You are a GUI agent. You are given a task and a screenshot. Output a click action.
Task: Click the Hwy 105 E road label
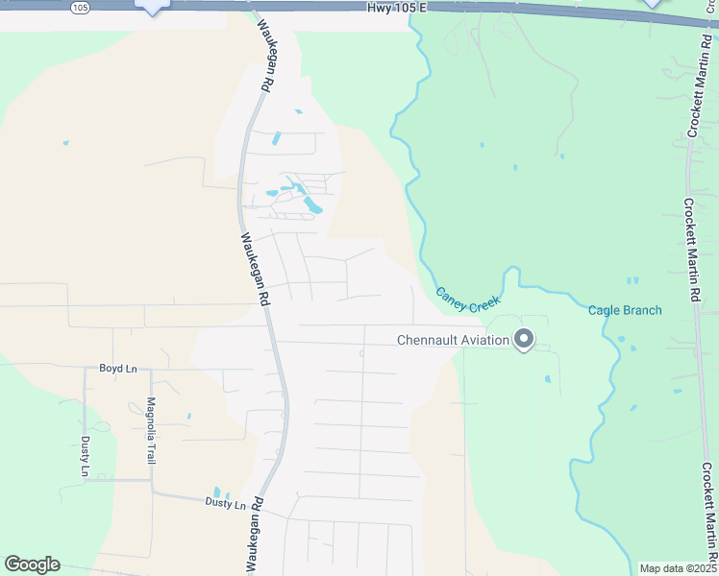tap(395, 8)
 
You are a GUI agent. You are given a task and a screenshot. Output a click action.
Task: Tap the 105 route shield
tap(81, 7)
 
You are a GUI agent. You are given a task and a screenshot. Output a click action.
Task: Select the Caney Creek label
tap(469, 300)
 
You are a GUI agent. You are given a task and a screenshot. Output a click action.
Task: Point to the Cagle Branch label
tap(625, 310)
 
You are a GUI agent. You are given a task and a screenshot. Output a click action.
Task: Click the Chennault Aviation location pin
tap(524, 339)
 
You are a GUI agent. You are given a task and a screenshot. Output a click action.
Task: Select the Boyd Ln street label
tap(118, 369)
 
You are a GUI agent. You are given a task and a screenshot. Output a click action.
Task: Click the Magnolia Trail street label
tap(151, 431)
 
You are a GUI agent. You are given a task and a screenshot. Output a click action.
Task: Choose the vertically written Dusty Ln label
tap(85, 456)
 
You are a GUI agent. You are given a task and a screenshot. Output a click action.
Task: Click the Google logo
tap(32, 564)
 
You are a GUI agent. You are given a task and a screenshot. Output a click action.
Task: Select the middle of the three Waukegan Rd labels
tap(254, 270)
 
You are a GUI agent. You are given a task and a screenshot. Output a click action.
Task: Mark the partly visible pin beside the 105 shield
tap(153, 7)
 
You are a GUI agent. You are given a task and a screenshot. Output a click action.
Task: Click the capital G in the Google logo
tap(12, 564)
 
